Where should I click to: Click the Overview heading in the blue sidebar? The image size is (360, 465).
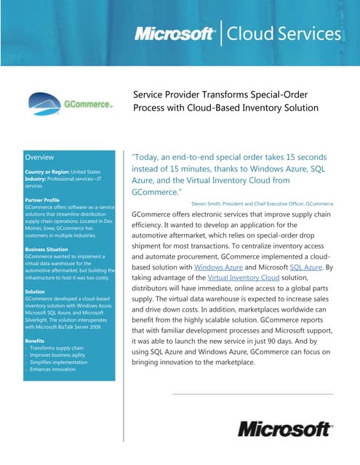(39, 157)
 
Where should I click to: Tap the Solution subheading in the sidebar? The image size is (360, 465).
(35, 291)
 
